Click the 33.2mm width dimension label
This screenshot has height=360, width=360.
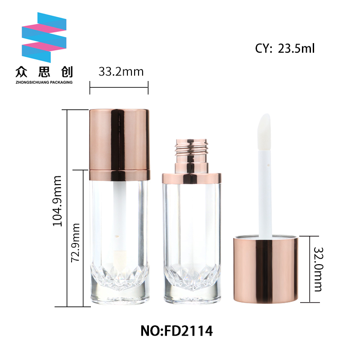coord(121,72)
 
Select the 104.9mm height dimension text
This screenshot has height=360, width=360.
coord(58,201)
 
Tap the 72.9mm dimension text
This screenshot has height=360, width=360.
coord(75,243)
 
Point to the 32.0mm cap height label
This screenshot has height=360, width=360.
coord(318,270)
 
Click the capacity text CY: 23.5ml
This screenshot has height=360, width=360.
coord(285,49)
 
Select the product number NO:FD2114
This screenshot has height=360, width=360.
coord(176,331)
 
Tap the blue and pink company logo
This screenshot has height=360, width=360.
coord(44,37)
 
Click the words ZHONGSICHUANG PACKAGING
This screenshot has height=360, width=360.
coord(44,82)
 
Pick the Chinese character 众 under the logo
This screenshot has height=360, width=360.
coord(21,72)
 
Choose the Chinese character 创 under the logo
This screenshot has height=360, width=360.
coord(67,72)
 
